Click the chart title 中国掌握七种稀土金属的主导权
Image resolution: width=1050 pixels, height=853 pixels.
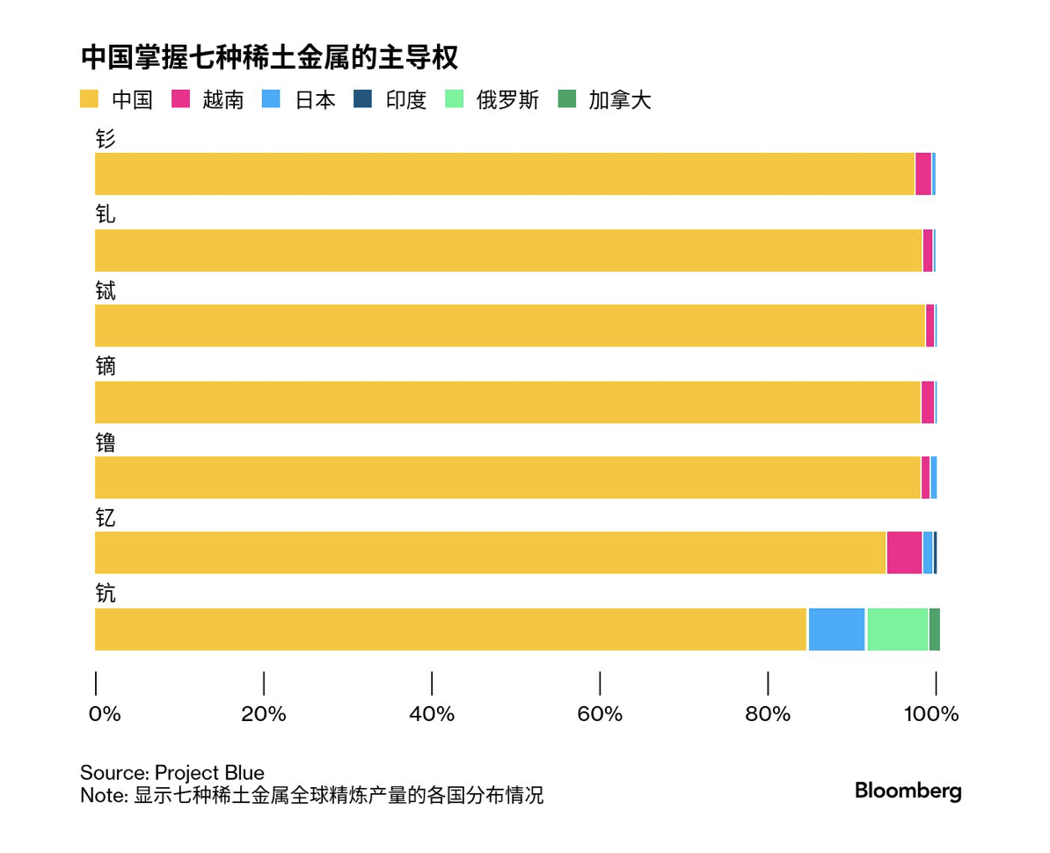(269, 58)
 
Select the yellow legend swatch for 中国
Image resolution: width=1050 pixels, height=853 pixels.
(89, 99)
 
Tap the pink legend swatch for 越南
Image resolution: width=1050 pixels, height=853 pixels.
(180, 99)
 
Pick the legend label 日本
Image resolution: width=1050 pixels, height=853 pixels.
(315, 100)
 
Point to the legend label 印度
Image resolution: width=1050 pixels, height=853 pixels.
(406, 100)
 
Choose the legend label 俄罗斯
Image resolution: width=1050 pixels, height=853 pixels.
(508, 100)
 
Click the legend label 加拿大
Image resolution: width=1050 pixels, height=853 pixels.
(620, 100)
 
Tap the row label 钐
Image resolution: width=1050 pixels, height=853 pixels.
(105, 139)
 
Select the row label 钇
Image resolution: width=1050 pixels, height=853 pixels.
(105, 518)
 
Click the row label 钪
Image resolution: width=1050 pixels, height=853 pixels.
(105, 594)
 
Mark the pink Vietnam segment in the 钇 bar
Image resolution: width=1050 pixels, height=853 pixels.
(904, 553)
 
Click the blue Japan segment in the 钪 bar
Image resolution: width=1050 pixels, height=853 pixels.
(836, 629)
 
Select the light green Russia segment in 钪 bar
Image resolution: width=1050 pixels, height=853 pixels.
(897, 629)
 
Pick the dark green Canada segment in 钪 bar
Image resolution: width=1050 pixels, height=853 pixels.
(934, 629)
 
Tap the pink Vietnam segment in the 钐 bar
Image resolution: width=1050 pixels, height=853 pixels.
(922, 174)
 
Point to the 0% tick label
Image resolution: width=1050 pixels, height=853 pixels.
(105, 714)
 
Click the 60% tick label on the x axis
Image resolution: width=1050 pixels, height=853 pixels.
(600, 714)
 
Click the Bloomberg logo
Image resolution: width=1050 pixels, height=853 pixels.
(908, 791)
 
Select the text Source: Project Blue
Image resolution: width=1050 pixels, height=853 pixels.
(172, 773)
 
